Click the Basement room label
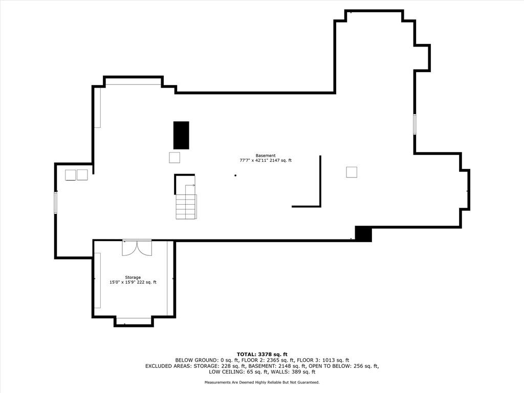pos(266,156)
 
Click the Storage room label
pos(133,277)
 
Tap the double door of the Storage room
pos(137,248)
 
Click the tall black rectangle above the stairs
pos(181,135)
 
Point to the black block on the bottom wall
pos(363,234)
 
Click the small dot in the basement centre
pos(235,176)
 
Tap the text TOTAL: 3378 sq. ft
pos(262,354)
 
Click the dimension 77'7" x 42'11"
pos(254,160)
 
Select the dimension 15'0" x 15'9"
pos(122,282)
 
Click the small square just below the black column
pos(174,158)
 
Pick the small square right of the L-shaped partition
pos(352,172)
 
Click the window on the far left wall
pos(56,203)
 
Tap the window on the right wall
pos(414,124)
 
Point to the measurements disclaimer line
pos(262,382)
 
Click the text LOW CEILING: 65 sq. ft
pos(238,372)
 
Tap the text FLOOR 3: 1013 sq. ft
pos(323,360)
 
